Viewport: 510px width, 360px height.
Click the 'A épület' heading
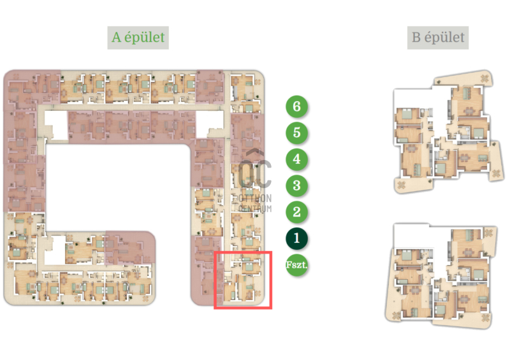point(138,38)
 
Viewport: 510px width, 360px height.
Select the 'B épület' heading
point(438,38)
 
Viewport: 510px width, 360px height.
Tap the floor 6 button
point(296,106)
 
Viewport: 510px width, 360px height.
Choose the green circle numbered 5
point(296,133)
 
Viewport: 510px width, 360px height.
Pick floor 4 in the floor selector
point(296,159)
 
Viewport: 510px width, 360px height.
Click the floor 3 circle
point(296,185)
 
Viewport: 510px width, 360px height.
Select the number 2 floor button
point(296,212)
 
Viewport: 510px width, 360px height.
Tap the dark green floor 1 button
point(296,238)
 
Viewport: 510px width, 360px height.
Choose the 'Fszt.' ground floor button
point(296,264)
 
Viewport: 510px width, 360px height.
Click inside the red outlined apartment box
point(243,280)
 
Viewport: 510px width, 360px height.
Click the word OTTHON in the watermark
point(254,198)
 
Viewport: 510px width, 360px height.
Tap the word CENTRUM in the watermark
point(254,208)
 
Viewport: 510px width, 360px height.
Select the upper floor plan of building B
point(448,132)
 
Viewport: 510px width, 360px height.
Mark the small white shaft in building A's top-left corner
point(56,126)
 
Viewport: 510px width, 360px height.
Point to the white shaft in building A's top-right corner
point(210,124)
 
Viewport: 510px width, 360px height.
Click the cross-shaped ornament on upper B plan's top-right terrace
point(484,79)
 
